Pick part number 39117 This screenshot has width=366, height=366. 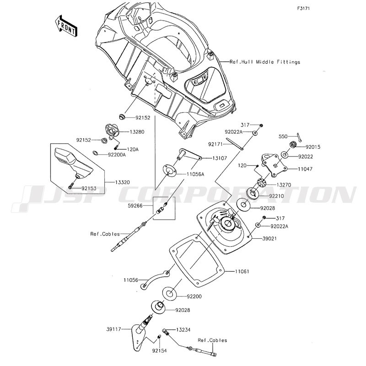(114, 329)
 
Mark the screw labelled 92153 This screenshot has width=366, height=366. (70, 186)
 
